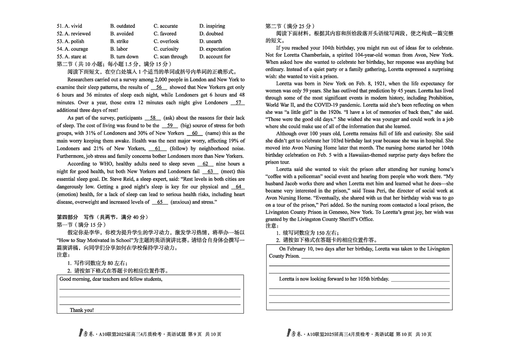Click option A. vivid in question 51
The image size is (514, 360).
[x=69, y=26]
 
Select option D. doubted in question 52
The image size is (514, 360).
[x=211, y=34]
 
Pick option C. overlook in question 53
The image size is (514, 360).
[x=166, y=41]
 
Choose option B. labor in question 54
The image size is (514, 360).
[x=119, y=49]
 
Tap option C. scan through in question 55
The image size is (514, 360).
[x=170, y=57]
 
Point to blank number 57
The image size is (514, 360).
[x=237, y=103]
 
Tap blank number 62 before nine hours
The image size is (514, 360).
[x=205, y=164]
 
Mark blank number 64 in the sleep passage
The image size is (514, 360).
[x=238, y=187]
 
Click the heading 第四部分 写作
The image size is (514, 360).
[x=102, y=217]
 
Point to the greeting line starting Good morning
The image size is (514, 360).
[x=111, y=279]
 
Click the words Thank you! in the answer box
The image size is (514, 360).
[x=82, y=310]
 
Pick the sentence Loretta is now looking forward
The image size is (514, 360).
[x=334, y=279]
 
